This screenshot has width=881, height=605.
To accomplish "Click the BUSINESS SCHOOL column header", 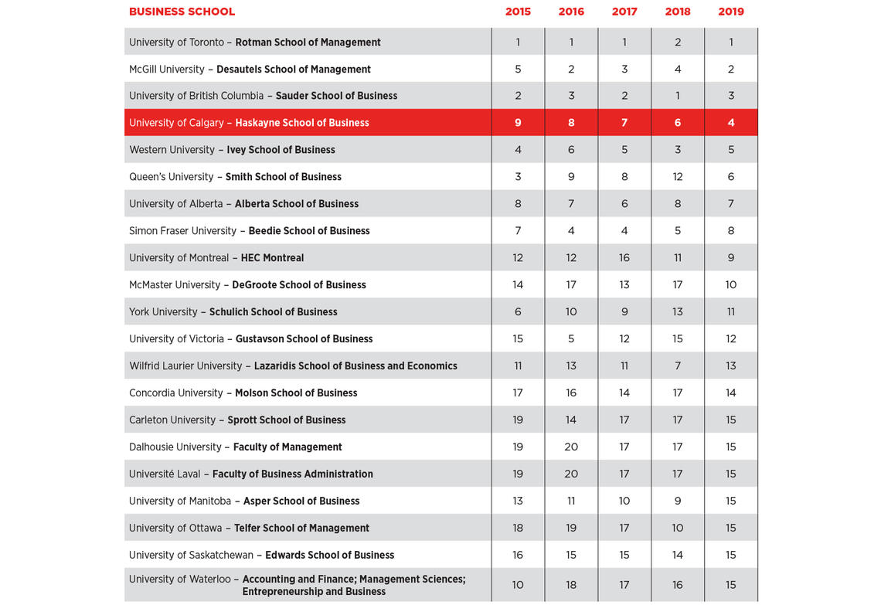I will (182, 12).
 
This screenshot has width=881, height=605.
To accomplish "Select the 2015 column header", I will (518, 12).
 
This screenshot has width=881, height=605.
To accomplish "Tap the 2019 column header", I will (731, 12).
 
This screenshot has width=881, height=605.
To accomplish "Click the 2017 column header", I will (624, 12).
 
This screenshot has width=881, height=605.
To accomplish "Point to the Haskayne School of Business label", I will (302, 123).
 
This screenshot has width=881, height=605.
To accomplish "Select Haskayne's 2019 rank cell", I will (731, 123).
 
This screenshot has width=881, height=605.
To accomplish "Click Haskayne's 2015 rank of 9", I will (518, 123).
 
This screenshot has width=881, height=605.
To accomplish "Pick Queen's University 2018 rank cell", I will (678, 177).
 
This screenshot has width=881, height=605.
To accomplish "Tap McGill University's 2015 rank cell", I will (518, 70).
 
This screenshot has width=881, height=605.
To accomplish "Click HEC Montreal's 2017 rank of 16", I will (624, 258).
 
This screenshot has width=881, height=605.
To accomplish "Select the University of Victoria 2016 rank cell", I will (571, 339).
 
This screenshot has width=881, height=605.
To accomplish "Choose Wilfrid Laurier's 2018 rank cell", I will (678, 366).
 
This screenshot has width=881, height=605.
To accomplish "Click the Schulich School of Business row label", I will (273, 312).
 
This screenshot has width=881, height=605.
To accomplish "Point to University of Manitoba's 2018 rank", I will (678, 501).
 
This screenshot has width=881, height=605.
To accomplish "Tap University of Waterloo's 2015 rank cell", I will (518, 585).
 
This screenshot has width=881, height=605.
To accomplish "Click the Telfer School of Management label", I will (301, 529).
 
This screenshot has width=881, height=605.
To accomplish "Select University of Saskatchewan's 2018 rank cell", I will (678, 556).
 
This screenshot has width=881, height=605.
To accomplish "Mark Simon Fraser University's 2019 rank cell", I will (731, 231).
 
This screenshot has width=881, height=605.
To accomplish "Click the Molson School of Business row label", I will (296, 393).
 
